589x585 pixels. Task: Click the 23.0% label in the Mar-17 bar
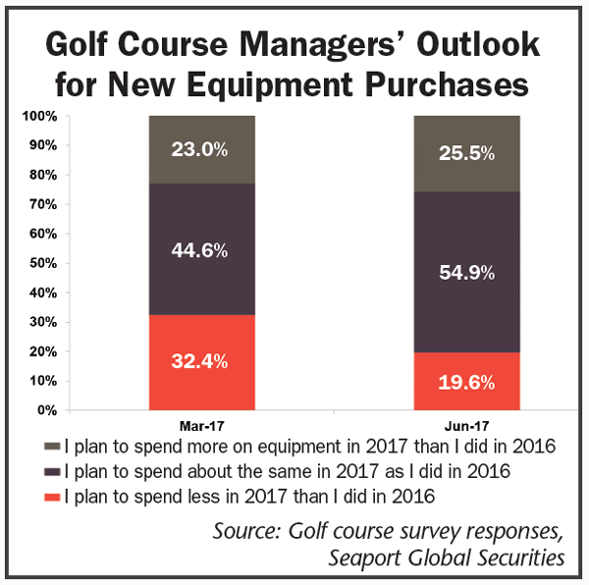202,150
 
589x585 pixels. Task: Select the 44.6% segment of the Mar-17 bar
202,250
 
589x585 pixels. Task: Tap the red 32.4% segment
202,361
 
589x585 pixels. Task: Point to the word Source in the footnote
249,531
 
